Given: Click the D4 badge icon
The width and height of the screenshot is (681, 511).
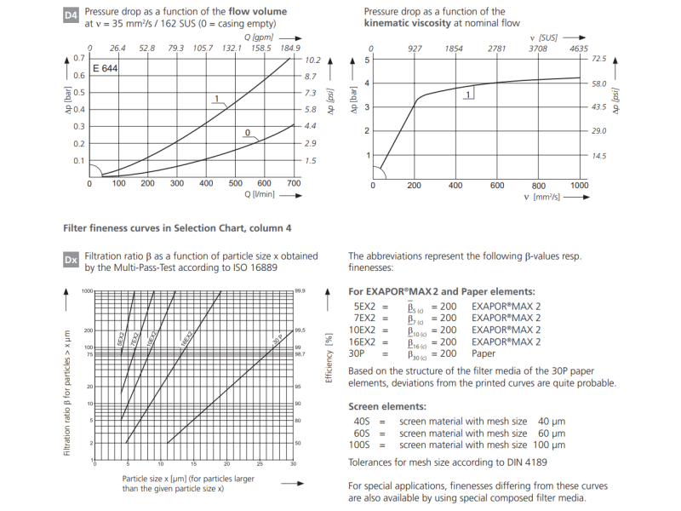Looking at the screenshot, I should [71, 15].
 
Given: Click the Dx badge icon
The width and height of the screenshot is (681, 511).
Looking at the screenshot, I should [71, 259].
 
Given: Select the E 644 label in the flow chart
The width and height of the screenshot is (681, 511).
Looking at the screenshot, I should [105, 68].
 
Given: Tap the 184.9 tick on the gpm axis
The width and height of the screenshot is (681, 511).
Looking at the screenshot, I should [290, 48].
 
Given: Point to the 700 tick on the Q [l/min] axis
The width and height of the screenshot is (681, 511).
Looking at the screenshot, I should [293, 183].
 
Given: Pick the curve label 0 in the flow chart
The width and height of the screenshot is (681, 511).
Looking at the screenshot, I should [247, 133].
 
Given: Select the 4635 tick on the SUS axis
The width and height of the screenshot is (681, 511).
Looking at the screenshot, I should [578, 49].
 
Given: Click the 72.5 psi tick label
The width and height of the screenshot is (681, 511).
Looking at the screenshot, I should [598, 60].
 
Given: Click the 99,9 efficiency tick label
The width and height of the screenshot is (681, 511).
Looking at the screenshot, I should [300, 291].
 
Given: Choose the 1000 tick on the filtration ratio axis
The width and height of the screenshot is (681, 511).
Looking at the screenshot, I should [86, 291].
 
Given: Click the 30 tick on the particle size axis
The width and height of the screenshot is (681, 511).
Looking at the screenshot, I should [293, 464].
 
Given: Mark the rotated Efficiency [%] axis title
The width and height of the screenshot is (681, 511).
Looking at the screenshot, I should [329, 359].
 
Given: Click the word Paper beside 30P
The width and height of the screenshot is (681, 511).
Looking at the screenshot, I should [483, 353].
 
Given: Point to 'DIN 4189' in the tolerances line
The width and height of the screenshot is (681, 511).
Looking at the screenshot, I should [524, 462].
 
